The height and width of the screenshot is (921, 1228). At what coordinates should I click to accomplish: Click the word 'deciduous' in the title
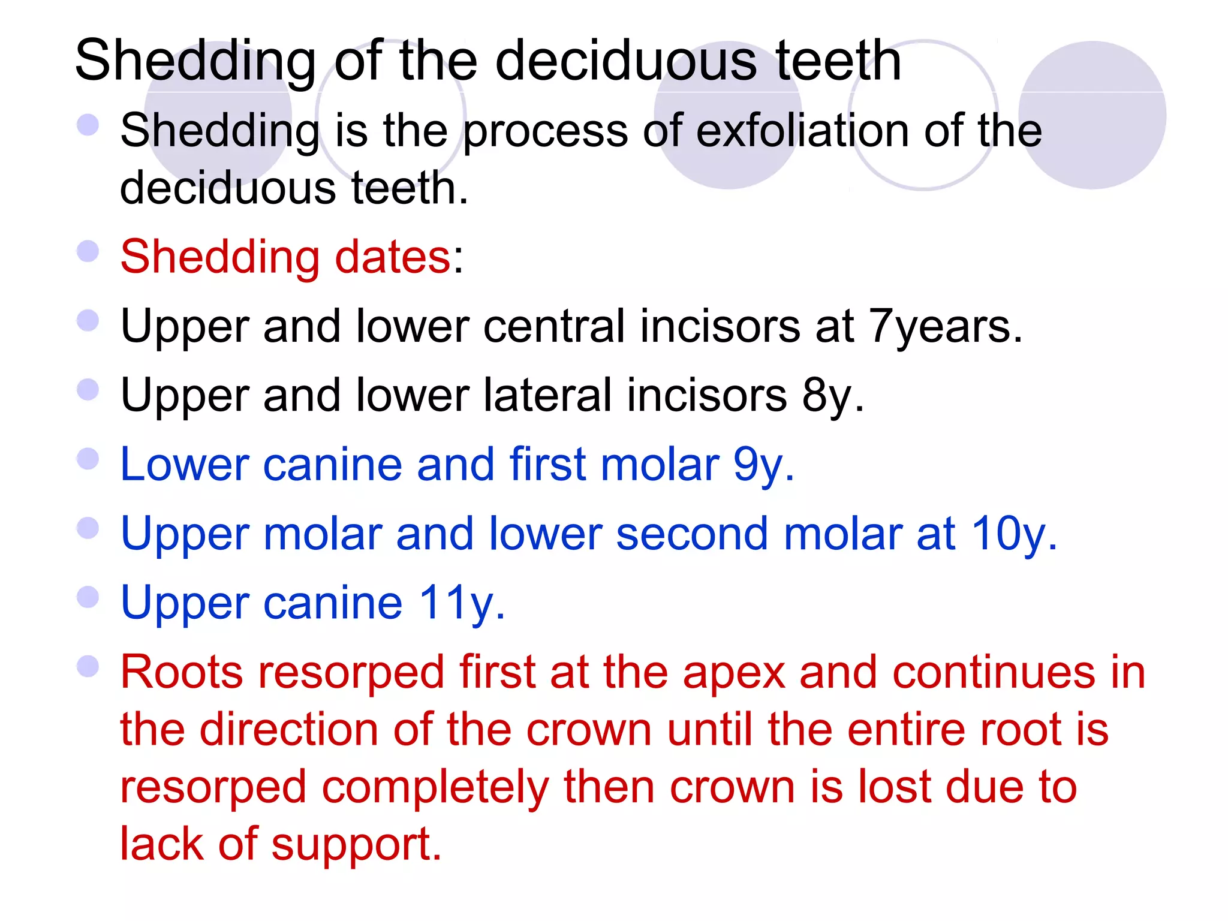[x=627, y=61]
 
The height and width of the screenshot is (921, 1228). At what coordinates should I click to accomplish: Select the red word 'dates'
[x=392, y=257]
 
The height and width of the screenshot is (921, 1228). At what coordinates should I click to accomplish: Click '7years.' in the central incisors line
[x=946, y=327]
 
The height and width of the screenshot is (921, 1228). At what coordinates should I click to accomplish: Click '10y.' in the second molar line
[x=1014, y=534]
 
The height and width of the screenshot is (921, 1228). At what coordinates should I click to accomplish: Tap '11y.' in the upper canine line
[x=462, y=603]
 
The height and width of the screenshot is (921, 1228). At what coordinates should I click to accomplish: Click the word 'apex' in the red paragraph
[x=734, y=673]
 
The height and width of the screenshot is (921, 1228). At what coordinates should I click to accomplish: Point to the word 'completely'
[x=435, y=788]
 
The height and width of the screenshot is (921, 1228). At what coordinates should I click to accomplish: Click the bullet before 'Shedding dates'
[x=88, y=251]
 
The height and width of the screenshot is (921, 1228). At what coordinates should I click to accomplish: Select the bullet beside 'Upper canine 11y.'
[x=88, y=597]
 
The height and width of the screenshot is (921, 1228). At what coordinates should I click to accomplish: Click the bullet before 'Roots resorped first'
[x=88, y=666]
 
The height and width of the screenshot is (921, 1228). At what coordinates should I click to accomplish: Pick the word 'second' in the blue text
[x=692, y=534]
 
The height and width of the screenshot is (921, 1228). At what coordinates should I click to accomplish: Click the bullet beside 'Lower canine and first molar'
[x=88, y=459]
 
